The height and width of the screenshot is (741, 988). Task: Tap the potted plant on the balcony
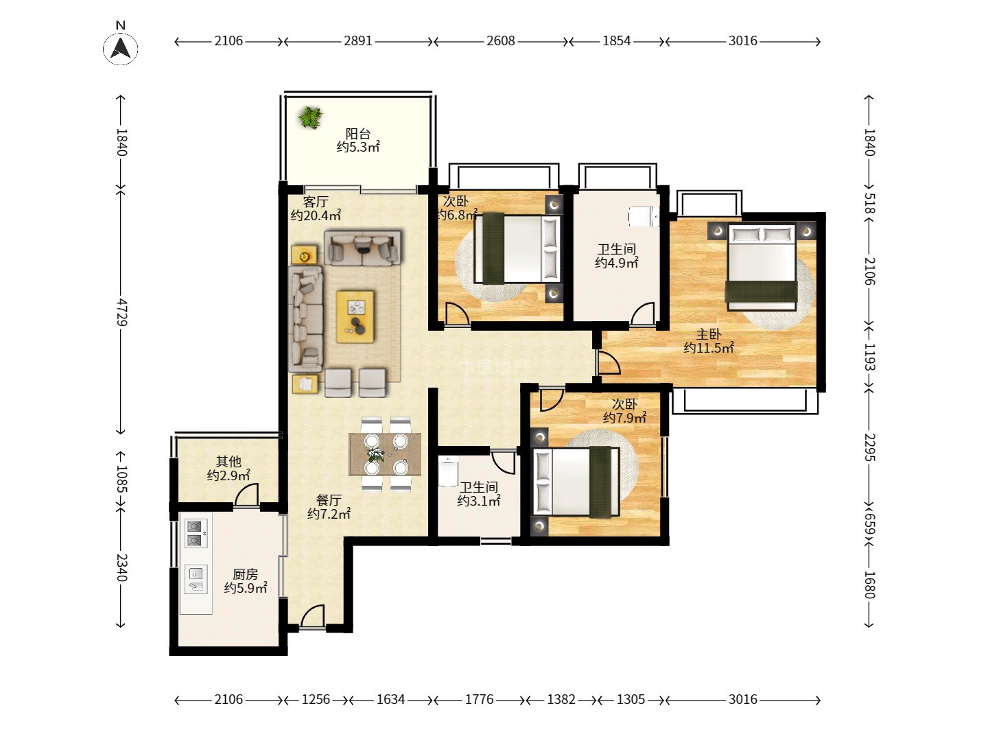click(310, 117)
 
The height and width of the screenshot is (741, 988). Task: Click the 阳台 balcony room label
click(358, 140)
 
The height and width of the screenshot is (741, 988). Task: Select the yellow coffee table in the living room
click(355, 316)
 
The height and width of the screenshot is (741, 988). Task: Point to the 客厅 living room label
click(316, 209)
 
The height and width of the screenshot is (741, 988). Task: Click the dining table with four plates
click(385, 454)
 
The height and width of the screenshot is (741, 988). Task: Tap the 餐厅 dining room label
click(329, 506)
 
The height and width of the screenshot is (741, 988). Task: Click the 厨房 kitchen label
click(246, 581)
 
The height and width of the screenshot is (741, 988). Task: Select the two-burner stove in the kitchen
click(195, 534)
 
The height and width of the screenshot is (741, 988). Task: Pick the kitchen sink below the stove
click(196, 580)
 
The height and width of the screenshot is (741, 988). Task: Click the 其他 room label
click(228, 469)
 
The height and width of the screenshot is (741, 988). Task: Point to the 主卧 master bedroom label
click(709, 341)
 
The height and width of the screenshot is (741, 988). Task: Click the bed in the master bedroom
click(761, 268)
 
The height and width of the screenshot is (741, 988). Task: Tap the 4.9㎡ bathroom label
click(616, 256)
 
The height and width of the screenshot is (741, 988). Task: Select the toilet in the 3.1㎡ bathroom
click(448, 471)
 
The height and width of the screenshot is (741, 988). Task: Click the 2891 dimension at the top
click(358, 41)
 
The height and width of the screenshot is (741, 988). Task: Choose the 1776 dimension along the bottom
click(479, 700)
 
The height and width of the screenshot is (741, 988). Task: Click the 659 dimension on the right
click(869, 524)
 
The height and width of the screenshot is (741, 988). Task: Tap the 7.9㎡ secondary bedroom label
click(625, 411)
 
